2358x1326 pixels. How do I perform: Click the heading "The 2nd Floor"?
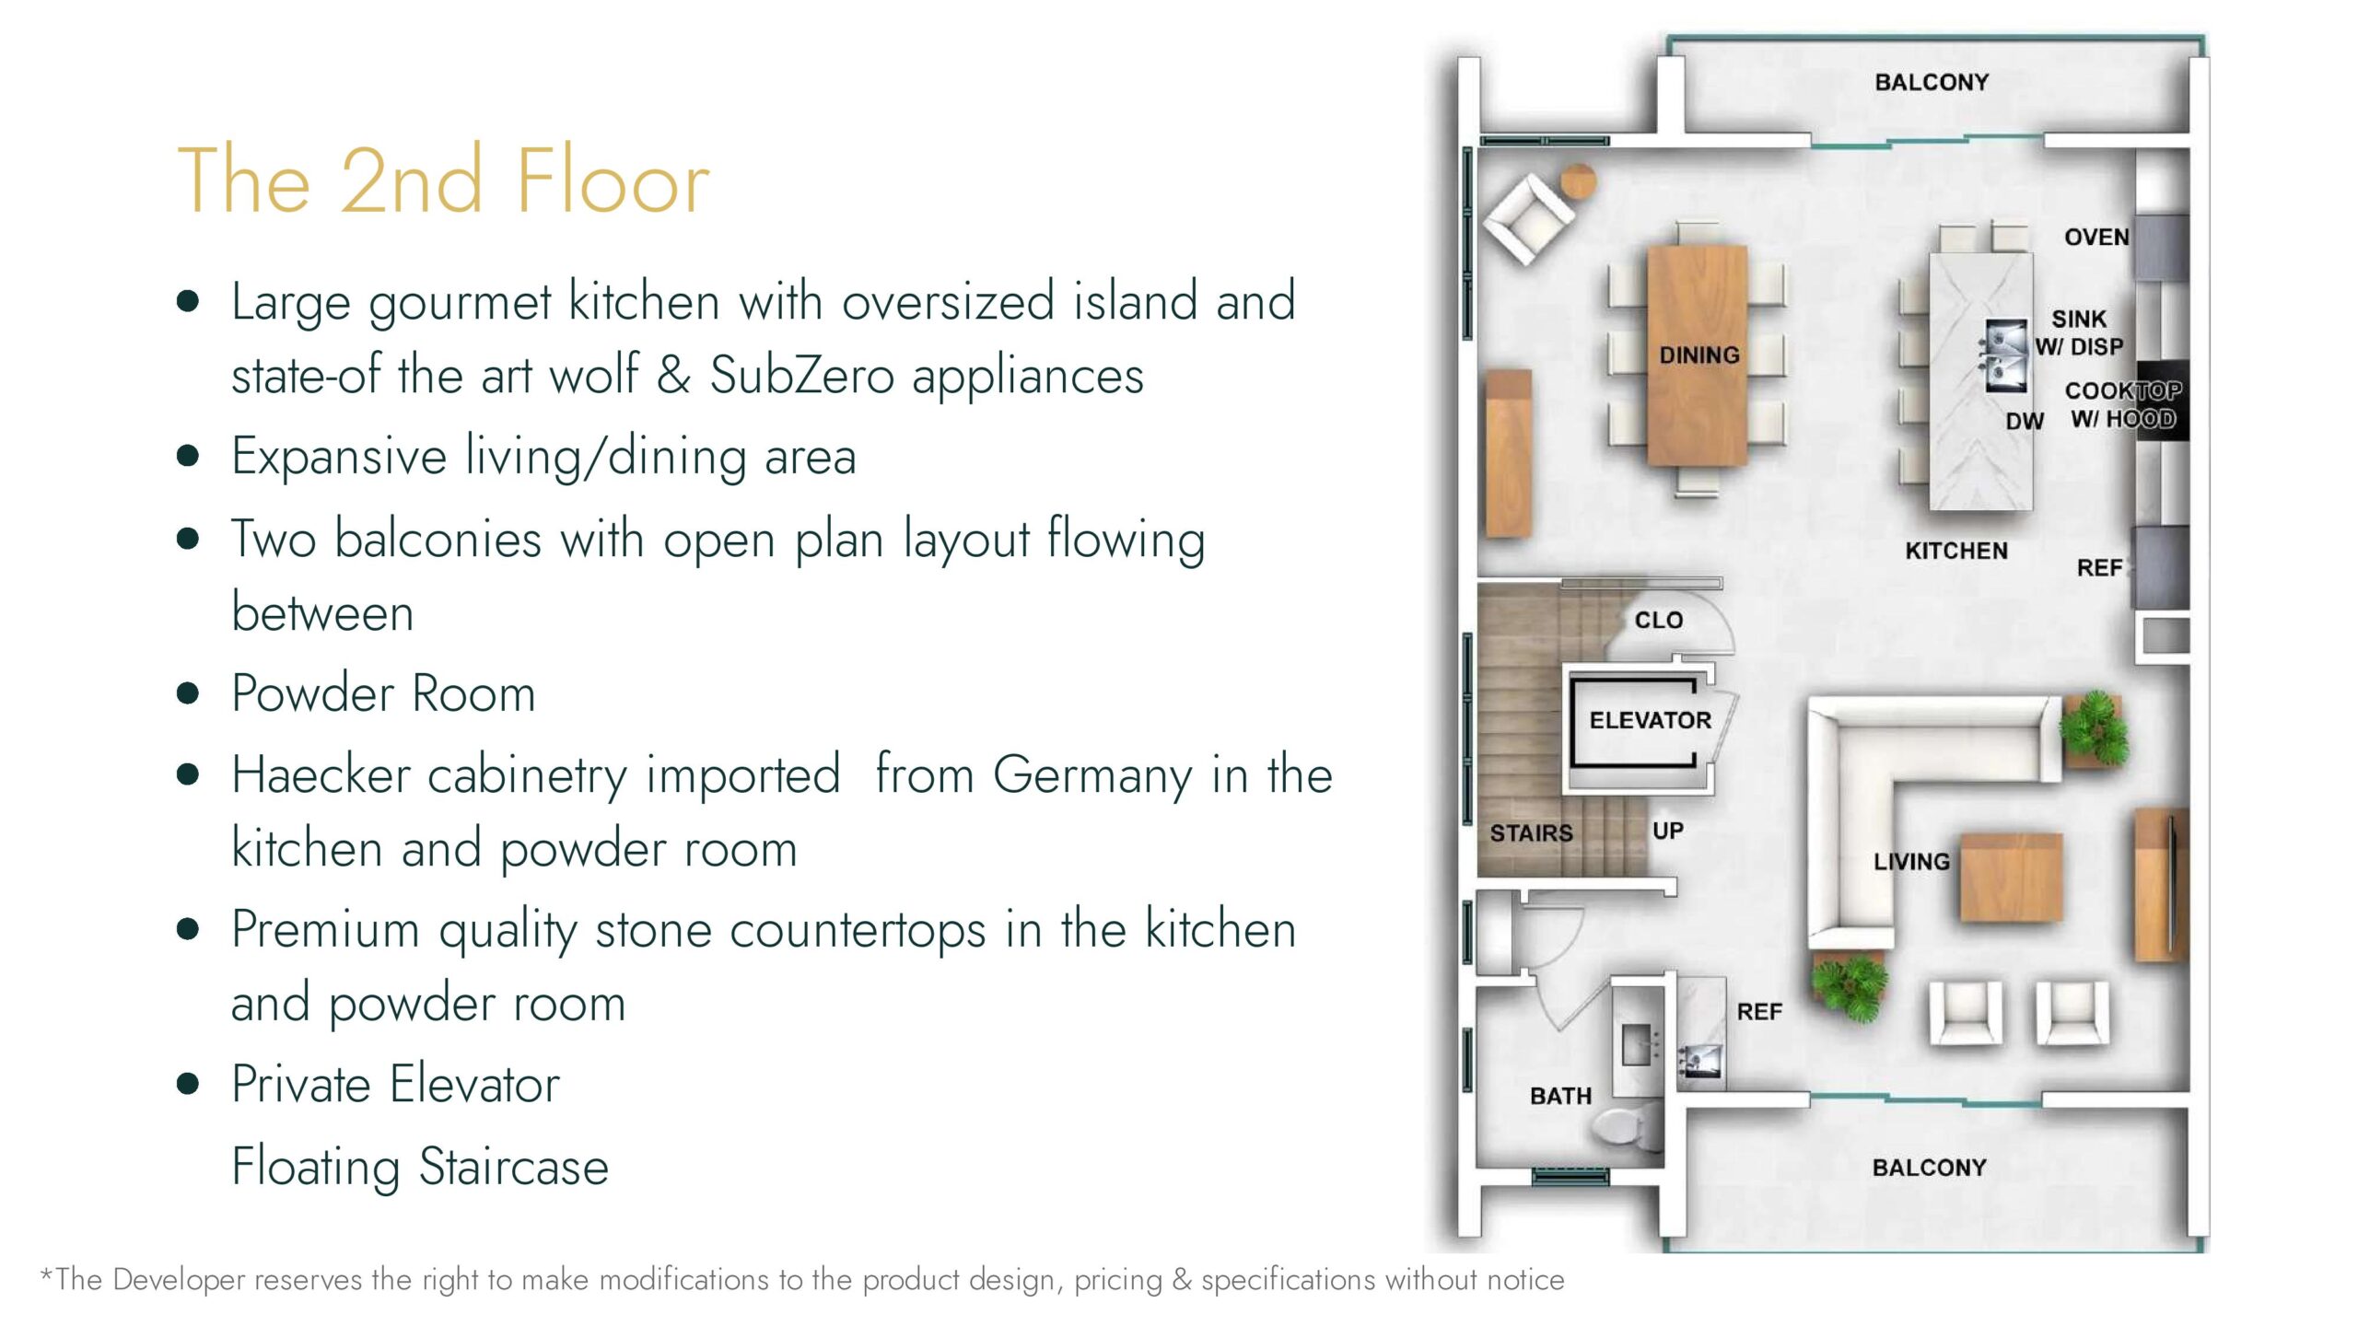tap(443, 181)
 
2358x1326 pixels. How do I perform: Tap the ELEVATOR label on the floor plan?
tap(1650, 720)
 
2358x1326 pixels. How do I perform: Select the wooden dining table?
tap(1698, 355)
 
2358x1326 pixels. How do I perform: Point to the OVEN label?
tap(2096, 238)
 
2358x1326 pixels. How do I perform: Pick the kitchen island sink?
tap(2005, 355)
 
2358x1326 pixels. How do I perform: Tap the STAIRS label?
tap(1531, 833)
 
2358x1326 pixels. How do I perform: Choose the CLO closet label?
tap(1658, 621)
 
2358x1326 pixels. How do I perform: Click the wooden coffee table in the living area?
tap(2011, 878)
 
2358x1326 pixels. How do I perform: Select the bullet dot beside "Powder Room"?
tap(188, 693)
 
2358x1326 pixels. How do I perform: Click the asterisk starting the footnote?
tap(46, 1274)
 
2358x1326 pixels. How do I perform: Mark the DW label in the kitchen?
tap(2025, 422)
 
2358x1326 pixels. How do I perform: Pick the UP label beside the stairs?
tap(1668, 831)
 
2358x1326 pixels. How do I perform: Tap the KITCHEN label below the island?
tap(1956, 551)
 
